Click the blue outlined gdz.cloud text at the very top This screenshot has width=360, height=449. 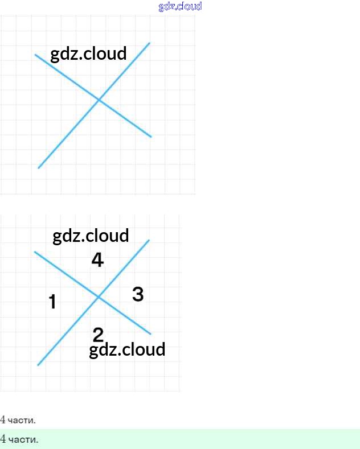[x=180, y=6]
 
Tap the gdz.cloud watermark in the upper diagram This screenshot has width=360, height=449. [x=88, y=54]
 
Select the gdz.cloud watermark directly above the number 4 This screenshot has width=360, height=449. [x=91, y=236]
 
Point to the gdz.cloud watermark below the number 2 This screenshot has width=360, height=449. [x=127, y=349]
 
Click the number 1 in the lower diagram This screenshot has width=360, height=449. [x=52, y=302]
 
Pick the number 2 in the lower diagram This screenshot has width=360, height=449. [x=98, y=335]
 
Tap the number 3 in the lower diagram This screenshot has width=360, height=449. [x=138, y=294]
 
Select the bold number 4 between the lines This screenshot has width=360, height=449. [x=97, y=261]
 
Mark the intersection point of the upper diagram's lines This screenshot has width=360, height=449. [x=99, y=100]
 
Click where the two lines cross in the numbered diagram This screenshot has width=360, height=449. [x=99, y=296]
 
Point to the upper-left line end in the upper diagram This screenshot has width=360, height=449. [x=36, y=55]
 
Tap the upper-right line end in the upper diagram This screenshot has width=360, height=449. [x=150, y=43]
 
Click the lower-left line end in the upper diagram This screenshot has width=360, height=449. [x=39, y=168]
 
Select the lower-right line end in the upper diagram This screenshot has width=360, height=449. [x=151, y=137]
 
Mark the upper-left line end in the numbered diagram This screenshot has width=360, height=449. [x=35, y=252]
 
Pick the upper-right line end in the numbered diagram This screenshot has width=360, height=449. [x=149, y=240]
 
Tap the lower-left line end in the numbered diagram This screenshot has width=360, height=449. [x=38, y=365]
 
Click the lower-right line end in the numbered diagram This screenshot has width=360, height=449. [x=151, y=333]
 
